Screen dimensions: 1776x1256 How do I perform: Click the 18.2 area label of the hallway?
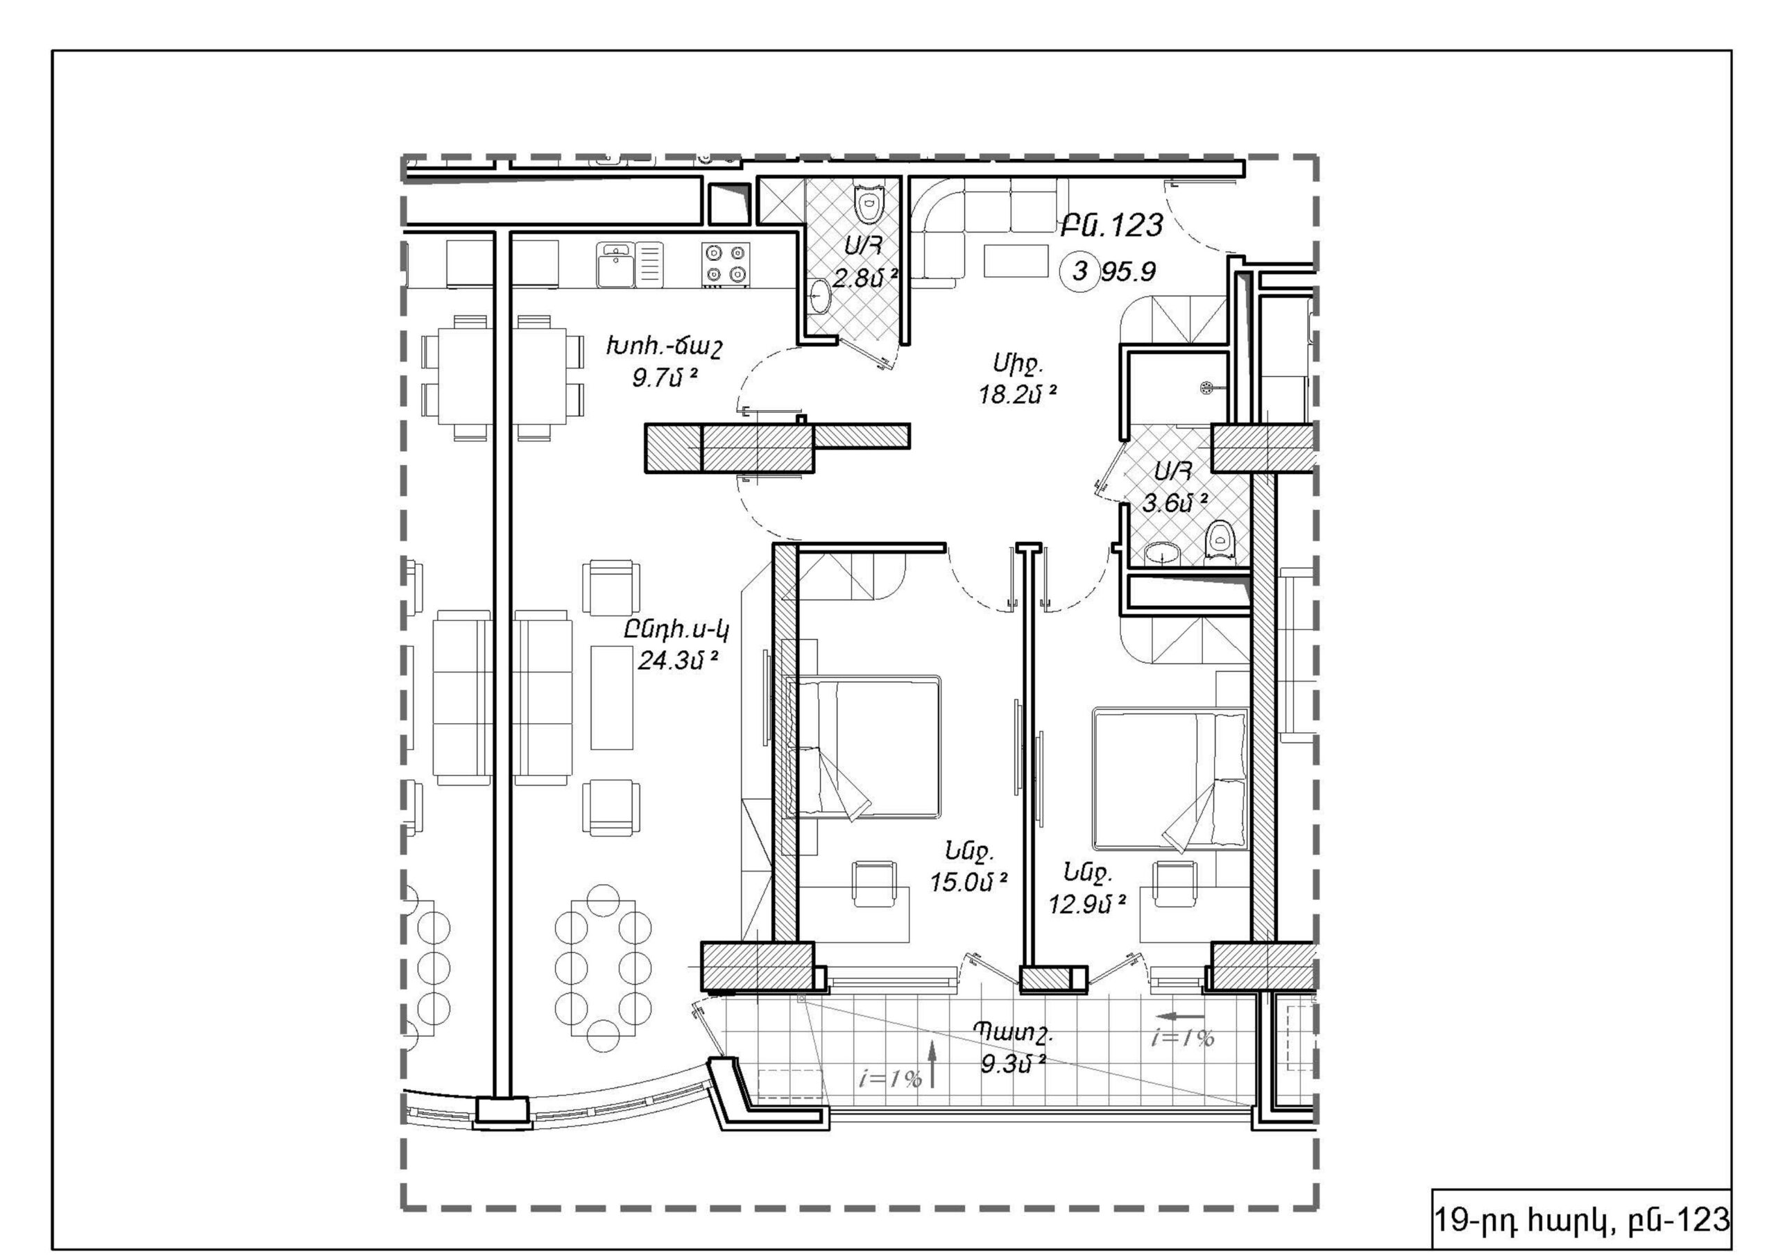point(1017,395)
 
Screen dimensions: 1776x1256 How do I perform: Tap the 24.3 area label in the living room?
point(678,660)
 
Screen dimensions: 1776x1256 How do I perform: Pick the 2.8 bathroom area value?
point(866,278)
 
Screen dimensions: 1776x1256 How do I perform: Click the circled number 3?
point(1081,271)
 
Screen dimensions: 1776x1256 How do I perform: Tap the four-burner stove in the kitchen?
point(726,264)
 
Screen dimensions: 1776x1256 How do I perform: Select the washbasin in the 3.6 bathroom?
point(1162,552)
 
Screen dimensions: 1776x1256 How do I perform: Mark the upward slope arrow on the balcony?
point(932,1063)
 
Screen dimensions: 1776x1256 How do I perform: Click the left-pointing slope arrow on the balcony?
point(1179,1015)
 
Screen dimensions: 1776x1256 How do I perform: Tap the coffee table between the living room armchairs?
point(612,697)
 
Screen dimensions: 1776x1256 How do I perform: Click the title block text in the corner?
point(1582,1220)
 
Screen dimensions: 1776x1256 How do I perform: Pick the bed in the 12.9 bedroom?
point(1170,779)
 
